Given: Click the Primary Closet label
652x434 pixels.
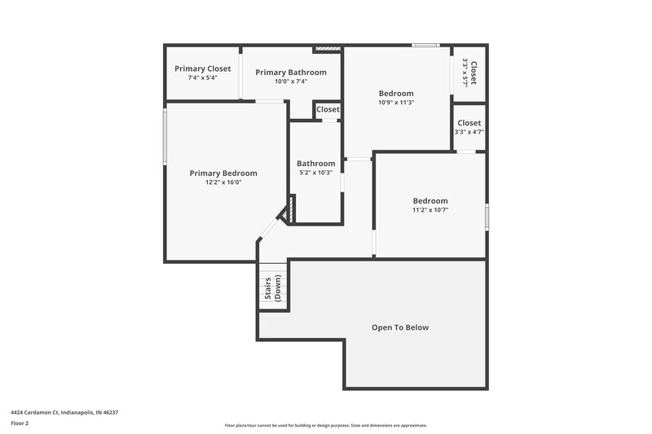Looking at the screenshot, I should tap(202, 68).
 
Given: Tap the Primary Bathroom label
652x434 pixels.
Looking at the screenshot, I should tap(291, 72).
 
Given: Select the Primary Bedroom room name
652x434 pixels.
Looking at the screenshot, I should tap(223, 173).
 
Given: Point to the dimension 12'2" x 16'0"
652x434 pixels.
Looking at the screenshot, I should tap(223, 182).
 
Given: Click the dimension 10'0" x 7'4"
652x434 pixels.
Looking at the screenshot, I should tap(291, 81).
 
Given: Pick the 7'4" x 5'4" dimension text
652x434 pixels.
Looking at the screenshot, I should tap(202, 78).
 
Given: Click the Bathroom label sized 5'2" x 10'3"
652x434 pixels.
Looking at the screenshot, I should tap(315, 163).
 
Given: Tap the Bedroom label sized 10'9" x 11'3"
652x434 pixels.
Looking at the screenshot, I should tap(396, 93).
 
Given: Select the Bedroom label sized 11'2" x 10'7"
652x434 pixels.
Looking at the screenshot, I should tap(430, 200).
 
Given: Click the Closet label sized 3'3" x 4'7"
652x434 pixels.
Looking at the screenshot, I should tap(469, 122).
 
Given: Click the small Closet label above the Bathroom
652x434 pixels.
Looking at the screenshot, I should tap(328, 109).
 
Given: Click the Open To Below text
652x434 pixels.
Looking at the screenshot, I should tap(400, 327).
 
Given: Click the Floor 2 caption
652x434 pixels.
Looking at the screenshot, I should tap(20, 423).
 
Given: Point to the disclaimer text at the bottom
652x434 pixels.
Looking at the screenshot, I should tap(326, 425).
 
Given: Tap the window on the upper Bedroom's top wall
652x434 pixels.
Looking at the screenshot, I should tap(425, 46).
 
